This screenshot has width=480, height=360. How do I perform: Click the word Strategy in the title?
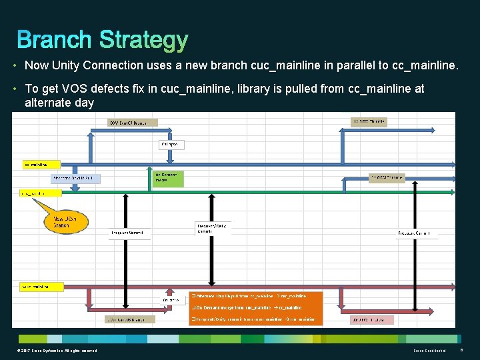coord(143,40)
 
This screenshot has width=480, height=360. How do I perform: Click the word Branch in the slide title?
coord(55,40)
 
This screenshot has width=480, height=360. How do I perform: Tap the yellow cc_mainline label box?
coord(41,163)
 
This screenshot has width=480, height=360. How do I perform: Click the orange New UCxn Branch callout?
coord(65,222)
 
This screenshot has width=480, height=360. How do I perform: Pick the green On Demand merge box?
coord(165,178)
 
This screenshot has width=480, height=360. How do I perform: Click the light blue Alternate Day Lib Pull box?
coord(76,178)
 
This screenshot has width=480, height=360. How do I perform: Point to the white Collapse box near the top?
coord(171,144)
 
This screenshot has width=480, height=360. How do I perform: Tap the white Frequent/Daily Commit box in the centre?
coord(213,228)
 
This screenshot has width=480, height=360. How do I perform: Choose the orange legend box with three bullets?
coord(255,308)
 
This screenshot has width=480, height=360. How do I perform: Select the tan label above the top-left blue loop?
coord(133,122)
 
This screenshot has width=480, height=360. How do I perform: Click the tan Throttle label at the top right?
coord(369,122)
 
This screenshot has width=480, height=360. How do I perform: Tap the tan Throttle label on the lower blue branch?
coord(387,178)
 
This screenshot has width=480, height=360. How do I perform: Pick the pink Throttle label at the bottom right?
coord(372,320)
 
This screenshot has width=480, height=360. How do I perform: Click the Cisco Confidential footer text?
coord(429,351)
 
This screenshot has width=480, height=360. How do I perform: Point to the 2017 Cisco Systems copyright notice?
coord(57,351)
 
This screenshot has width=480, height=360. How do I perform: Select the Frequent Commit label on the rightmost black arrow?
coord(418,233)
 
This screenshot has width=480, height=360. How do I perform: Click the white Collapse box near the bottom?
coord(171,300)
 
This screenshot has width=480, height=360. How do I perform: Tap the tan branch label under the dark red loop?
coord(130,319)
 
